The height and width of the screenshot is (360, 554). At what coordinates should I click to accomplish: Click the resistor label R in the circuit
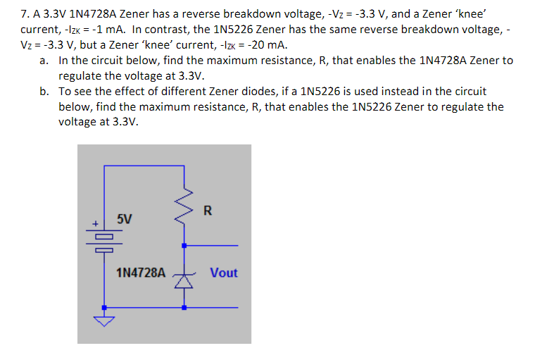[207, 209]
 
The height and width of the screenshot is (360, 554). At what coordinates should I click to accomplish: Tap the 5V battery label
[124, 218]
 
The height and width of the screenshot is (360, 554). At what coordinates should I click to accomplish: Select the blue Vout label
[224, 273]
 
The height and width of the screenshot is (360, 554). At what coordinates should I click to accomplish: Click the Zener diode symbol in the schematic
[184, 280]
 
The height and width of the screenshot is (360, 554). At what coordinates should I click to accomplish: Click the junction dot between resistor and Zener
[184, 246]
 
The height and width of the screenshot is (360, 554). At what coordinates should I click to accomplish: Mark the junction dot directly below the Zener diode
[184, 308]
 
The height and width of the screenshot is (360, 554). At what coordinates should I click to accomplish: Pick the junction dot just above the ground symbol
[104, 308]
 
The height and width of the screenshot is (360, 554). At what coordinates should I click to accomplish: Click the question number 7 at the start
[25, 13]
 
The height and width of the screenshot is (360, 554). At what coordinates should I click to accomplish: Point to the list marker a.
[44, 61]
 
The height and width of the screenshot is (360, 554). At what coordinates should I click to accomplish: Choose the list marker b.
[44, 92]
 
